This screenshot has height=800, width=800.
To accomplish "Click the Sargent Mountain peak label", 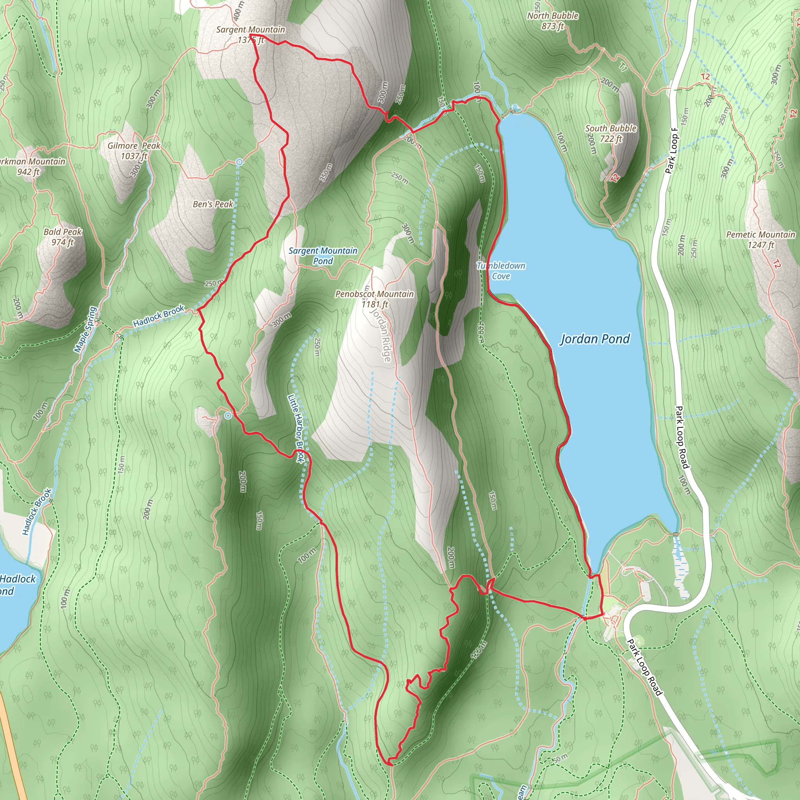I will point(250,34).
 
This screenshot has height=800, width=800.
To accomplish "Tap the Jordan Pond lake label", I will point(595,339).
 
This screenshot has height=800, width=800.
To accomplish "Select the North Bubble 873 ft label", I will point(552,21).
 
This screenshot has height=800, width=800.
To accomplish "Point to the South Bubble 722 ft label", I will point(611,133).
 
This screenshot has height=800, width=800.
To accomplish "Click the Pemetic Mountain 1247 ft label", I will point(760,239).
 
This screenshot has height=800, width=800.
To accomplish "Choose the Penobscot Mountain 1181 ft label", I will point(374,298).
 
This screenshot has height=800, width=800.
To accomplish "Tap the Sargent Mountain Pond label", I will point(323,255).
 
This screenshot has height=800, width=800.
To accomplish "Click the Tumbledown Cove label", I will point(501,271).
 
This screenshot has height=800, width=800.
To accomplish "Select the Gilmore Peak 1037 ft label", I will point(134,151).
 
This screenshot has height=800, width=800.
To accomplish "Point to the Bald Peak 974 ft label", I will point(62,237).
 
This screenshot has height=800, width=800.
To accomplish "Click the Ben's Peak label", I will point(213,204).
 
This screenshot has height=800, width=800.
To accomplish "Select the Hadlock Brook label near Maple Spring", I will point(159,316).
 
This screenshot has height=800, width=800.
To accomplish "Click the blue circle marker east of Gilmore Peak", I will point(239,162).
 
